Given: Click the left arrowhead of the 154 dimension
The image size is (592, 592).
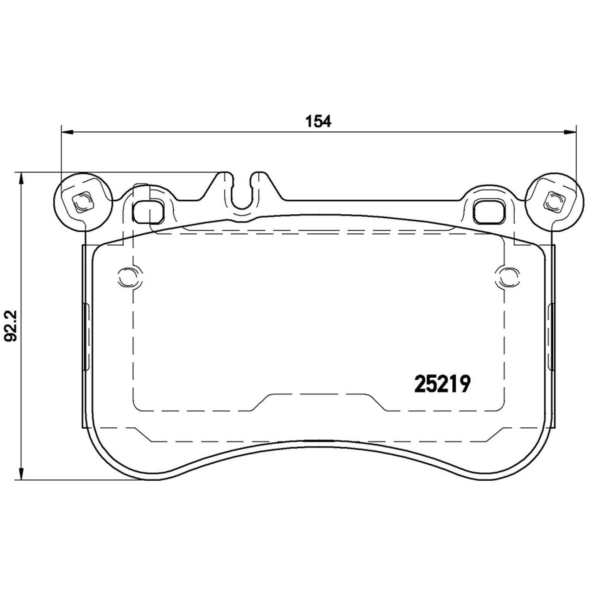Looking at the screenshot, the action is pos(67,132).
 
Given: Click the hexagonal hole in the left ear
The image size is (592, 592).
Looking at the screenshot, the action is pos(83,202).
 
